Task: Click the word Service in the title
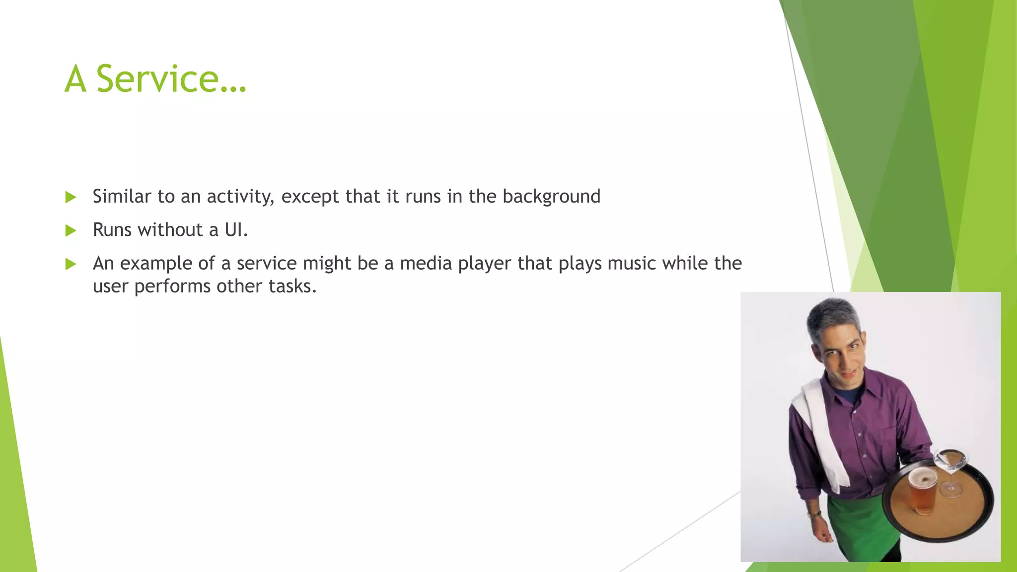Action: pyautogui.click(x=158, y=79)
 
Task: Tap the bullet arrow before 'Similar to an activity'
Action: pyautogui.click(x=71, y=197)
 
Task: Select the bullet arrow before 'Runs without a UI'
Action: pyautogui.click(x=71, y=230)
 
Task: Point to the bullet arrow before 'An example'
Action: pyautogui.click(x=71, y=264)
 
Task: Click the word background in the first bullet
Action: pyautogui.click(x=551, y=197)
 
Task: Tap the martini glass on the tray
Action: pyautogui.click(x=950, y=464)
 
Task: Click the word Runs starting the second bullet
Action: pyautogui.click(x=112, y=230)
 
